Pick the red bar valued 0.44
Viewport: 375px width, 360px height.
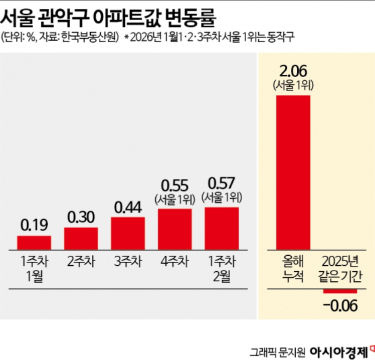[128, 233]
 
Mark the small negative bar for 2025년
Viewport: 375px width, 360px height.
[340, 291]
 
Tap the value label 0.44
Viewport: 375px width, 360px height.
[128, 207]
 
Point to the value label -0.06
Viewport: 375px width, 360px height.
[340, 305]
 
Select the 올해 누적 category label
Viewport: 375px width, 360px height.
[293, 269]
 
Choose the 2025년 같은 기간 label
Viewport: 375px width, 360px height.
[340, 269]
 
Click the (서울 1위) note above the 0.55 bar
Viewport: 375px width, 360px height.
[174, 199]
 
